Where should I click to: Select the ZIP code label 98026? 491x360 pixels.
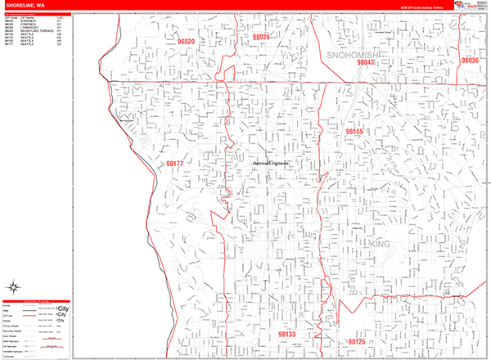click(261, 38)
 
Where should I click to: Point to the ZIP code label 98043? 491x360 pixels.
click(366, 62)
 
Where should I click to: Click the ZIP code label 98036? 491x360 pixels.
click(469, 61)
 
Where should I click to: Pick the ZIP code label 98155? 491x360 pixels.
click(354, 131)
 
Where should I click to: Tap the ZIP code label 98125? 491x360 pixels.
click(356, 340)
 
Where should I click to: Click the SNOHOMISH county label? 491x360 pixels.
click(350, 53)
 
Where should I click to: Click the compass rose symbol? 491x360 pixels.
click(14, 286)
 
